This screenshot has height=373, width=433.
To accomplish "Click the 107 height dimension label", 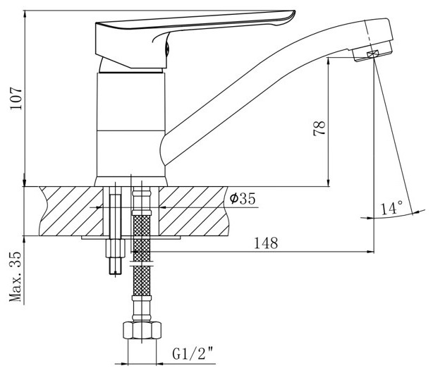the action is pos(16,99).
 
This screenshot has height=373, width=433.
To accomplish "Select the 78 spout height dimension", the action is pos(319,128).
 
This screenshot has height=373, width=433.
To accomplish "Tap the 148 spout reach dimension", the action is pos(266,243).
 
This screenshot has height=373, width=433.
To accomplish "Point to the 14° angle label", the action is pos(391,208).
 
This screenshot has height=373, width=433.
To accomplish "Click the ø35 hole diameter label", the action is pos(243,198).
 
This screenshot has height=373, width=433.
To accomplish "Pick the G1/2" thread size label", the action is pos(193,354).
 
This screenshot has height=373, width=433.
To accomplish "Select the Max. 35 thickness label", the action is pos(16,277).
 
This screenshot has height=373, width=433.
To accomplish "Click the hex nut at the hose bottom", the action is pos(142,330).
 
